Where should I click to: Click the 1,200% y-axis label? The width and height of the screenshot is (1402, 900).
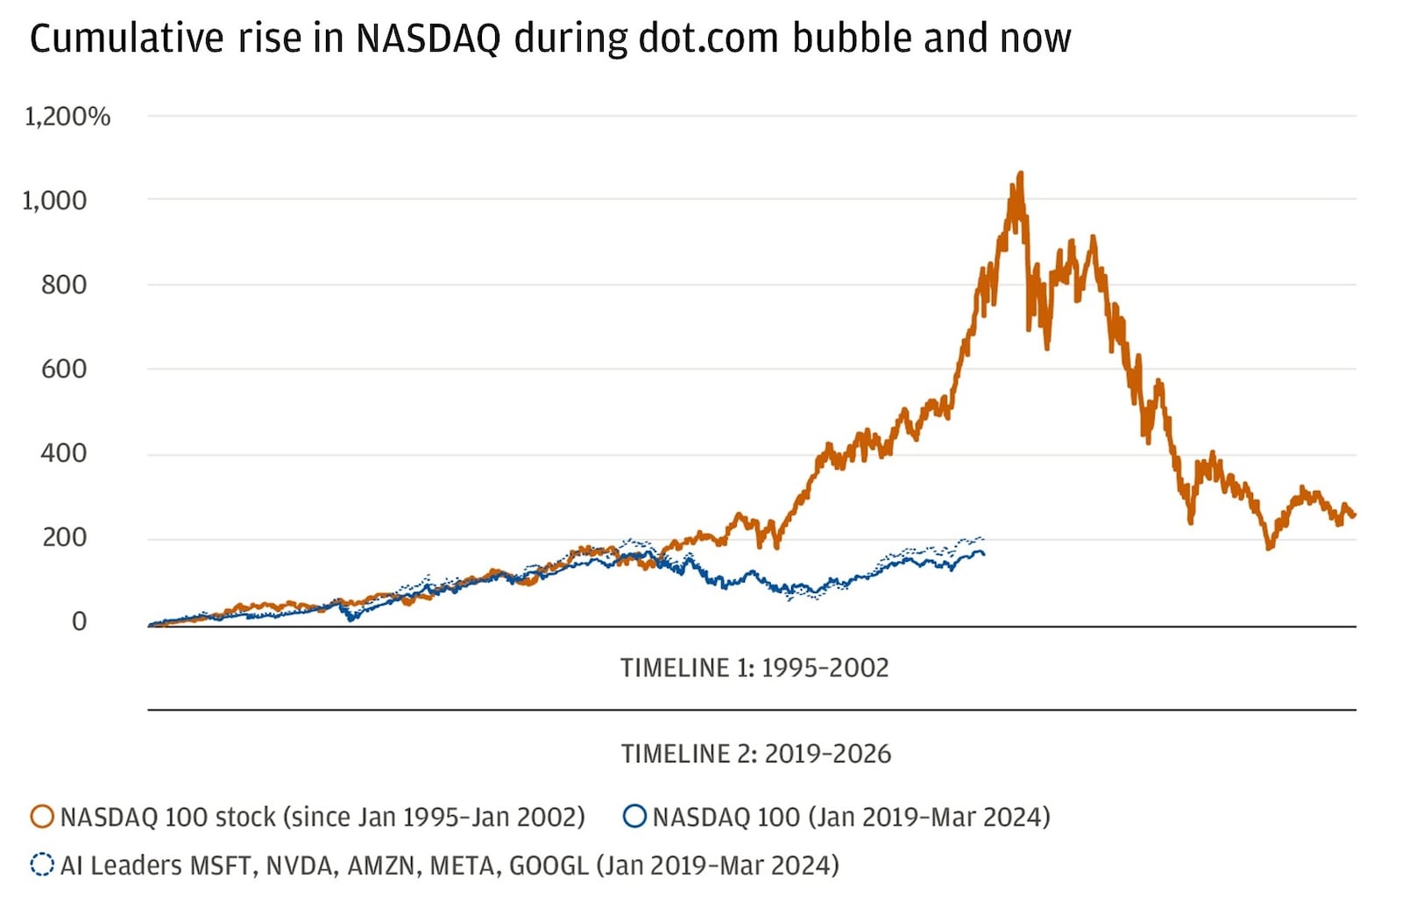[67, 117]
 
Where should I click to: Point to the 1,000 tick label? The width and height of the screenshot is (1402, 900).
[54, 201]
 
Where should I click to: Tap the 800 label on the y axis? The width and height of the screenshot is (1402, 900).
[64, 285]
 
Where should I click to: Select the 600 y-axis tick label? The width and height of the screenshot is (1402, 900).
[64, 369]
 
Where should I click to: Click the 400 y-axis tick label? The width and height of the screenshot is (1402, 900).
[64, 453]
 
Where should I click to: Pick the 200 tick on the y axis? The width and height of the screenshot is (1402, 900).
[64, 537]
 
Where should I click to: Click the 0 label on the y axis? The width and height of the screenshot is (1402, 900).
[79, 621]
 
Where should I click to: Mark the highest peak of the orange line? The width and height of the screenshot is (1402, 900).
[1020, 174]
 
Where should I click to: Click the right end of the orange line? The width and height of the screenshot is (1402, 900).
[1354, 514]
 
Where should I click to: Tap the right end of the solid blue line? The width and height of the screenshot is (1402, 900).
[982, 554]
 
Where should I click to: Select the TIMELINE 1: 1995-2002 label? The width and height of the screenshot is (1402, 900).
[754, 668]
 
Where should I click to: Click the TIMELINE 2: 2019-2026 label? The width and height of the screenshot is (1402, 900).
[755, 754]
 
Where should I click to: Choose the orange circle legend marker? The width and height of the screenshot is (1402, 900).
[42, 817]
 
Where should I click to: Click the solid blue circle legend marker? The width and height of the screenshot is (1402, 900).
[634, 817]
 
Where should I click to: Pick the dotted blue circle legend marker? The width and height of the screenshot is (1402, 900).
[42, 865]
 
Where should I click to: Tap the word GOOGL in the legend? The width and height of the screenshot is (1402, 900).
[549, 866]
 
